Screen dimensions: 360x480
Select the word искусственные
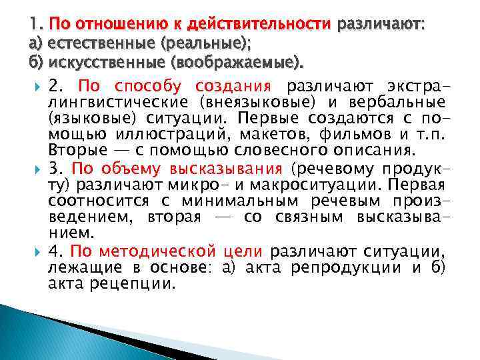[x=91, y=65]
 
